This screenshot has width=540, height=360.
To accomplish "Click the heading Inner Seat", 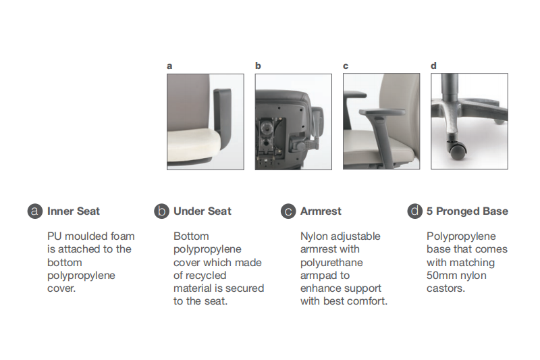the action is pyautogui.click(x=74, y=211).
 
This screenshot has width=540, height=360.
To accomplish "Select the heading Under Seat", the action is pyautogui.click(x=202, y=211).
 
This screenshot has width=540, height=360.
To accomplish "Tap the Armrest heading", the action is pyautogui.click(x=321, y=211).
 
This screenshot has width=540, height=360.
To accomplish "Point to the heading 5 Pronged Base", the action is pyautogui.click(x=467, y=211).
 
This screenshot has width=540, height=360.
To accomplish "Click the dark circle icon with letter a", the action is pyautogui.click(x=35, y=211).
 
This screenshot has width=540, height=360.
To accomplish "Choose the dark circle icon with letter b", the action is pyautogui.click(x=161, y=211).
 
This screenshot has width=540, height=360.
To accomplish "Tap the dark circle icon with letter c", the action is pyautogui.click(x=288, y=211).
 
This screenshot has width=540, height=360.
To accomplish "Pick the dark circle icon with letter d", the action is pyautogui.click(x=414, y=211).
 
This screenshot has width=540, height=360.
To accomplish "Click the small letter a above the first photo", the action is pyautogui.click(x=169, y=66).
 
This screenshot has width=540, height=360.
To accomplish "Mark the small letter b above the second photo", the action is pyautogui.click(x=258, y=66).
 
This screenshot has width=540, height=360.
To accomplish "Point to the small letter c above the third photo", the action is pyautogui.click(x=346, y=66).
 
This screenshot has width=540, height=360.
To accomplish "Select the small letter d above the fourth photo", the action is pyautogui.click(x=433, y=66).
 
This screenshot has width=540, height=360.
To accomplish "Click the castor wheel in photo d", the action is pyautogui.click(x=458, y=149).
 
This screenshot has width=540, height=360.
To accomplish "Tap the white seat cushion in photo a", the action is pyautogui.click(x=194, y=145).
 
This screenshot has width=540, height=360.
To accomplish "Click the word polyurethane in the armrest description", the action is pyautogui.click(x=331, y=263).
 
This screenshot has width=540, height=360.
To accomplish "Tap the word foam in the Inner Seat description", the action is pyautogui.click(x=122, y=236).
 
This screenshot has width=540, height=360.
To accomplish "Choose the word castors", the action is pyautogui.click(x=446, y=288).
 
